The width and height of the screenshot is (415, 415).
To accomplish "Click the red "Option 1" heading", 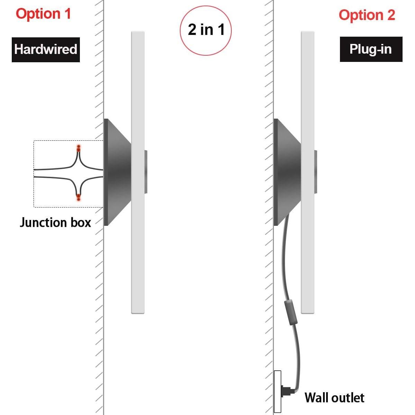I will point(43,14).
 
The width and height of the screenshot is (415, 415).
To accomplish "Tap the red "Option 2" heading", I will point(367,15).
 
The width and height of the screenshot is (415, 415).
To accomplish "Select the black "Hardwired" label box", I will point(46,49).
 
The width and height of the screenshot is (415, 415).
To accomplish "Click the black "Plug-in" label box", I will point(371,49).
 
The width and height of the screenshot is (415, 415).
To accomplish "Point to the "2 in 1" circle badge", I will point(206,30).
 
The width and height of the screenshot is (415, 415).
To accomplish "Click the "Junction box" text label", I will point(55,222).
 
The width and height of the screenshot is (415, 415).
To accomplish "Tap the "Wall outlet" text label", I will point(334,398).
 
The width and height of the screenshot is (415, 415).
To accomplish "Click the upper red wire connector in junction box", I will point(79,148).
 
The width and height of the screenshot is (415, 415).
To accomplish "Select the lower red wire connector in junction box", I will point(79,197).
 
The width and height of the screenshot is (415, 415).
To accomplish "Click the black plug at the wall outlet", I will point(287,391).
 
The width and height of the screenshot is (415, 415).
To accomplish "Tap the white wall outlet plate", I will point(277,391).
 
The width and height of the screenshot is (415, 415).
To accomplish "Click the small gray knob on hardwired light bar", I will point(146,172).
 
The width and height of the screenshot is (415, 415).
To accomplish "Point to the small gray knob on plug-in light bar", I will point(316,172).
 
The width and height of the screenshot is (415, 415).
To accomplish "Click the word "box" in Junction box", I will point(81,222).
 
